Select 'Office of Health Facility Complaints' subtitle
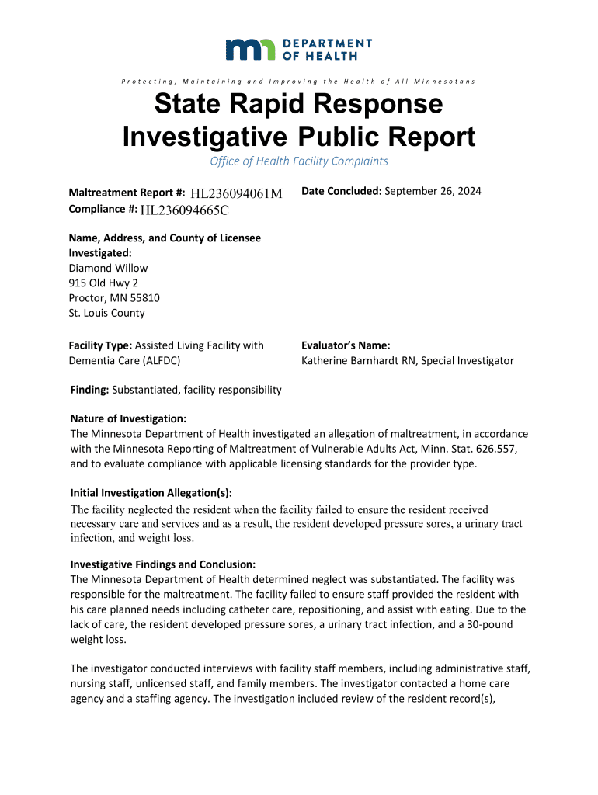[x=299, y=161]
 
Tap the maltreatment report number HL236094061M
[x=236, y=193]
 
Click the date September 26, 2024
[x=433, y=191]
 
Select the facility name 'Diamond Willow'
[x=108, y=268]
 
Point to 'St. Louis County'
[x=107, y=314]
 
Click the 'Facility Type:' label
[x=101, y=345]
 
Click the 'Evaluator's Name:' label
[x=346, y=345]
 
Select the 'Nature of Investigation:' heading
[x=128, y=418]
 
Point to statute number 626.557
[x=482, y=449]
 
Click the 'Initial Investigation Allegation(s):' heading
[x=151, y=493]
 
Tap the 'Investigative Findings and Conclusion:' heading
[x=163, y=564]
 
